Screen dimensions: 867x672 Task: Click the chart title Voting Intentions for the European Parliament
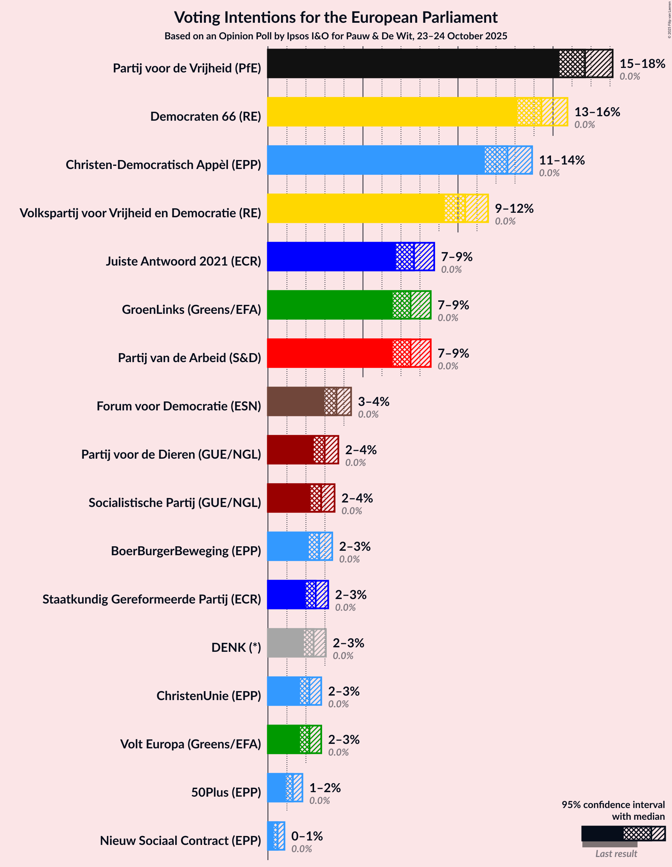(336, 18)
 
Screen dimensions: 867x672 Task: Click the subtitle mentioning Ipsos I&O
(336, 36)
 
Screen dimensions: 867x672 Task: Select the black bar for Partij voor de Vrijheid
(413, 63)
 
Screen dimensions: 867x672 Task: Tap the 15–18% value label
(642, 63)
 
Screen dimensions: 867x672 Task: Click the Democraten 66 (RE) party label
(205, 116)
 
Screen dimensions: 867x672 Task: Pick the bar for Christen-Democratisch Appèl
(375, 160)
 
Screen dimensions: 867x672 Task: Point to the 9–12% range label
(514, 208)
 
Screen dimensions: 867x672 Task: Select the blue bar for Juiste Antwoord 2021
(331, 257)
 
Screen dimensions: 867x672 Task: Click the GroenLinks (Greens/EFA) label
(191, 309)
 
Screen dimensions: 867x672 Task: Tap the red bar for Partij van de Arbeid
(330, 353)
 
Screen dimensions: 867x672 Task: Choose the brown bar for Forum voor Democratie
(296, 401)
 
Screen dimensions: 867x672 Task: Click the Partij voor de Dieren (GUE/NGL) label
(171, 454)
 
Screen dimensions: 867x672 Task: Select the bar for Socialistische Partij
(289, 498)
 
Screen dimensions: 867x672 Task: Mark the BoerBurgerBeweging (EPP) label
(186, 551)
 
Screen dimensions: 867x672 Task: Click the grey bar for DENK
(285, 643)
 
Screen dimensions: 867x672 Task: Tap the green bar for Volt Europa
(283, 739)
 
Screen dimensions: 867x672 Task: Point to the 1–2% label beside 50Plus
(325, 788)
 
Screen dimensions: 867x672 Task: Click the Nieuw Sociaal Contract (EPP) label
(180, 840)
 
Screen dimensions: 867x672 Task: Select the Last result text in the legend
(616, 854)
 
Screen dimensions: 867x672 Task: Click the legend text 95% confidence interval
(612, 805)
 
